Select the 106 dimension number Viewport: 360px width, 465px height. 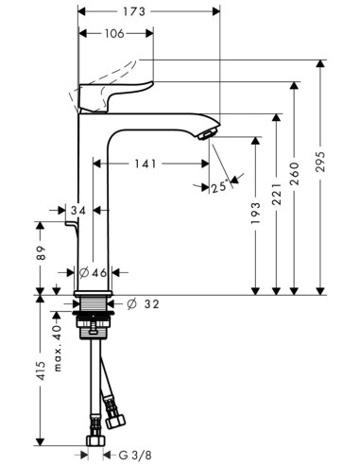coord(114,34)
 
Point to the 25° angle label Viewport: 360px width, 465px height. coord(218,187)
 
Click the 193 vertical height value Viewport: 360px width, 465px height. coord(256,216)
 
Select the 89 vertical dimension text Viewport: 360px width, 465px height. coord(40,253)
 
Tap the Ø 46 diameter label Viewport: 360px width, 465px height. coord(93,272)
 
